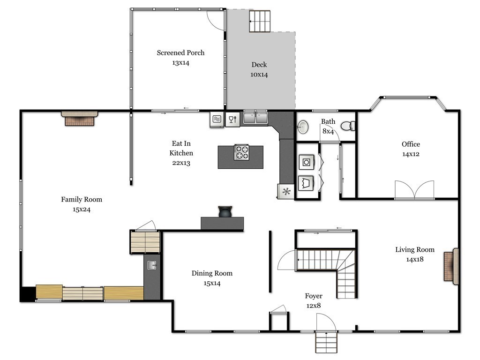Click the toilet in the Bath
tap(348, 126)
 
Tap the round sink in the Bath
tap(303, 127)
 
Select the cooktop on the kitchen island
tap(241, 152)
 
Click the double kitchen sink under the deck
tap(255, 118)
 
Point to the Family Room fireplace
tap(80, 119)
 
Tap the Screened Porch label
tap(180, 52)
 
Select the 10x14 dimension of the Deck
tap(259, 75)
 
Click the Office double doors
tap(414, 190)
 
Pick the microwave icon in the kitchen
tap(217, 119)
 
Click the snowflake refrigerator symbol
tap(286, 192)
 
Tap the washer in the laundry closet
tap(306, 162)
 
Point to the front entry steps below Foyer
tap(326, 342)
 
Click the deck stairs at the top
tap(260, 21)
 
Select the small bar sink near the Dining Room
tap(152, 265)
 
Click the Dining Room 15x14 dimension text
tap(212, 283)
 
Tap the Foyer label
tap(314, 296)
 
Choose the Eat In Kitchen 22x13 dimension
tap(181, 163)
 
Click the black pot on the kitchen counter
tap(225, 212)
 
